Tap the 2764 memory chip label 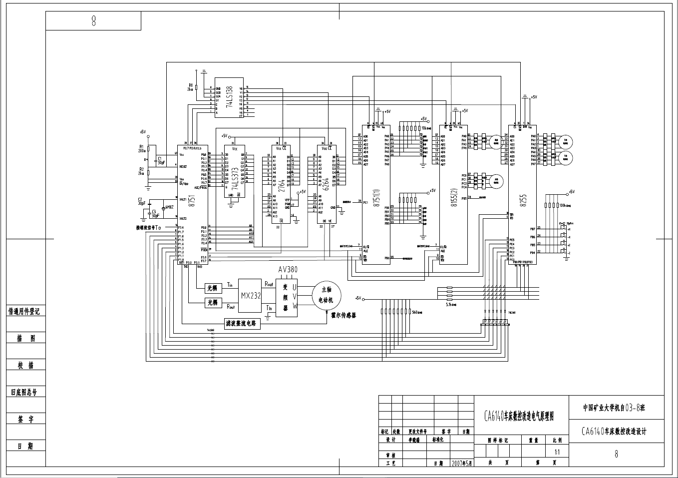(281, 185)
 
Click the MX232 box (251, 295)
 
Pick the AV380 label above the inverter (288, 270)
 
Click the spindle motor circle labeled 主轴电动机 (326, 295)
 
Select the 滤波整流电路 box (243, 324)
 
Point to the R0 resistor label (190, 85)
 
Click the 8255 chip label (522, 200)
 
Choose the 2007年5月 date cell (462, 463)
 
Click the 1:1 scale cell (557, 452)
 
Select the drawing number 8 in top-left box (93, 21)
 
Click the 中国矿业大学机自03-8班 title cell (615, 408)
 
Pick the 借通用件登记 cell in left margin (23, 311)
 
